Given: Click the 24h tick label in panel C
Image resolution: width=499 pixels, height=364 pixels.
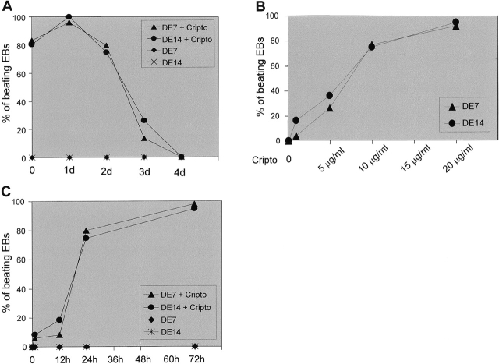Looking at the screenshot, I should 87,359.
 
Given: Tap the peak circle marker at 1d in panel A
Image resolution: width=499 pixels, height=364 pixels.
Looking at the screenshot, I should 69,17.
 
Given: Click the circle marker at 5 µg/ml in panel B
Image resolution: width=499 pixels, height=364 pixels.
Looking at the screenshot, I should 330,95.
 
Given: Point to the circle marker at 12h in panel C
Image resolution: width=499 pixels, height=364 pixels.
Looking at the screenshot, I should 59,320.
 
